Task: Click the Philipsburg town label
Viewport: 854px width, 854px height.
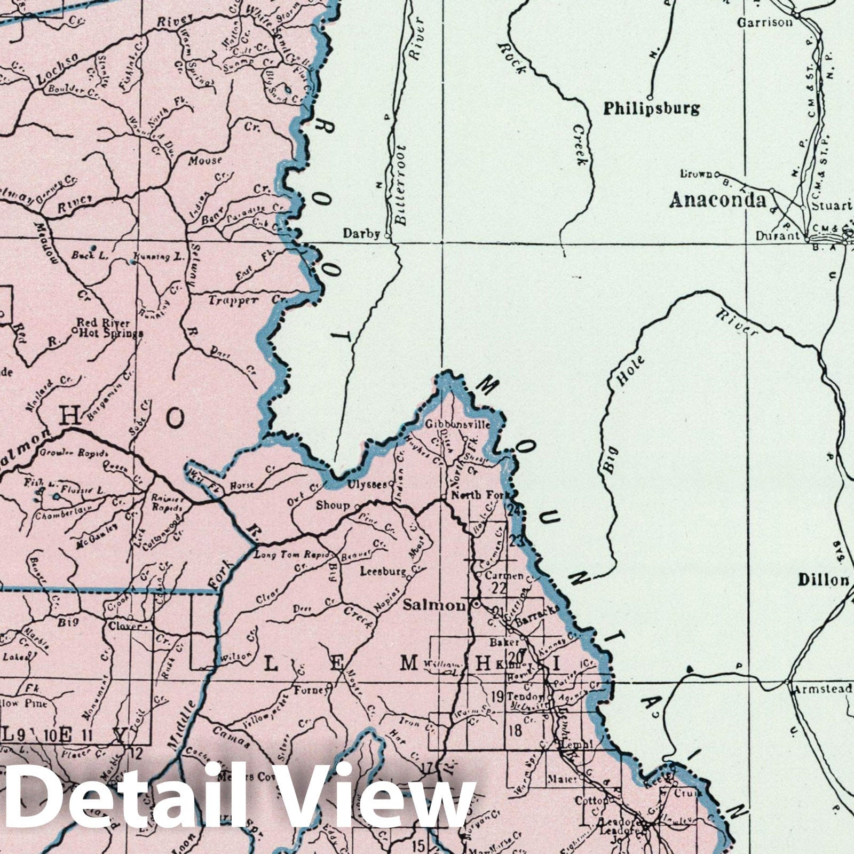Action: click(651, 109)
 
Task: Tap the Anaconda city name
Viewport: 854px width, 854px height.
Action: click(717, 200)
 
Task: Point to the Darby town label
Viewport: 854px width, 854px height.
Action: click(361, 233)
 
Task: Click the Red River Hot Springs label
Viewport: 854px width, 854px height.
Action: click(109, 328)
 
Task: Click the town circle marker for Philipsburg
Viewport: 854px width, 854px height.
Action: click(650, 98)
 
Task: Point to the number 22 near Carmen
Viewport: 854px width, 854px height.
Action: click(499, 588)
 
